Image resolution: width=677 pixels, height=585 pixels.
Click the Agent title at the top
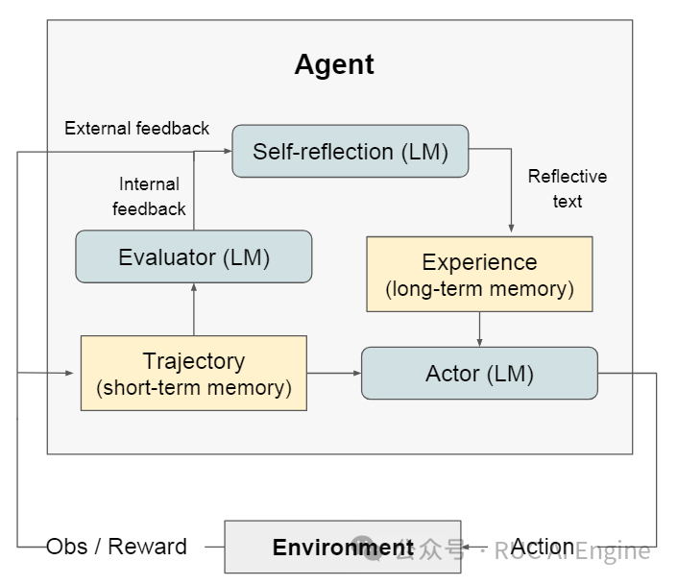pyautogui.click(x=334, y=64)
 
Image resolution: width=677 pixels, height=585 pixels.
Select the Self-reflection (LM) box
pyautogui.click(x=350, y=151)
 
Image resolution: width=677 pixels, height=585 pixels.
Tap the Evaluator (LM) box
pyautogui.click(x=194, y=256)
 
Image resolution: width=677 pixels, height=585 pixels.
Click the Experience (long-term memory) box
pyautogui.click(x=479, y=274)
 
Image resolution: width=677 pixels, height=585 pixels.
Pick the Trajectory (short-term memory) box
pyautogui.click(x=194, y=374)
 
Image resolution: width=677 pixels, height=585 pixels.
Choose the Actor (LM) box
pyautogui.click(x=479, y=374)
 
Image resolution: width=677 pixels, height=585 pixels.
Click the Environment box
pyautogui.click(x=343, y=548)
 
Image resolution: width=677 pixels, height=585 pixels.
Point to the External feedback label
pyautogui.click(x=136, y=128)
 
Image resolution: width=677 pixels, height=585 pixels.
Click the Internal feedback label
pyautogui.click(x=149, y=196)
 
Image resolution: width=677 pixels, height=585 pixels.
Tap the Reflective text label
pyautogui.click(x=568, y=188)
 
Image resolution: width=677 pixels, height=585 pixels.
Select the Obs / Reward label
pyautogui.click(x=116, y=547)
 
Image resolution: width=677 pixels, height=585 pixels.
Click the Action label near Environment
pyautogui.click(x=543, y=547)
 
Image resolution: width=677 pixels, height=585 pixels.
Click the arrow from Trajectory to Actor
pyautogui.click(x=333, y=374)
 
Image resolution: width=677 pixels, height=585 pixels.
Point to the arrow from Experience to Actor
pyautogui.click(x=479, y=329)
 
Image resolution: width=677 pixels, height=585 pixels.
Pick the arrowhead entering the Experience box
pyautogui.click(x=512, y=229)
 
